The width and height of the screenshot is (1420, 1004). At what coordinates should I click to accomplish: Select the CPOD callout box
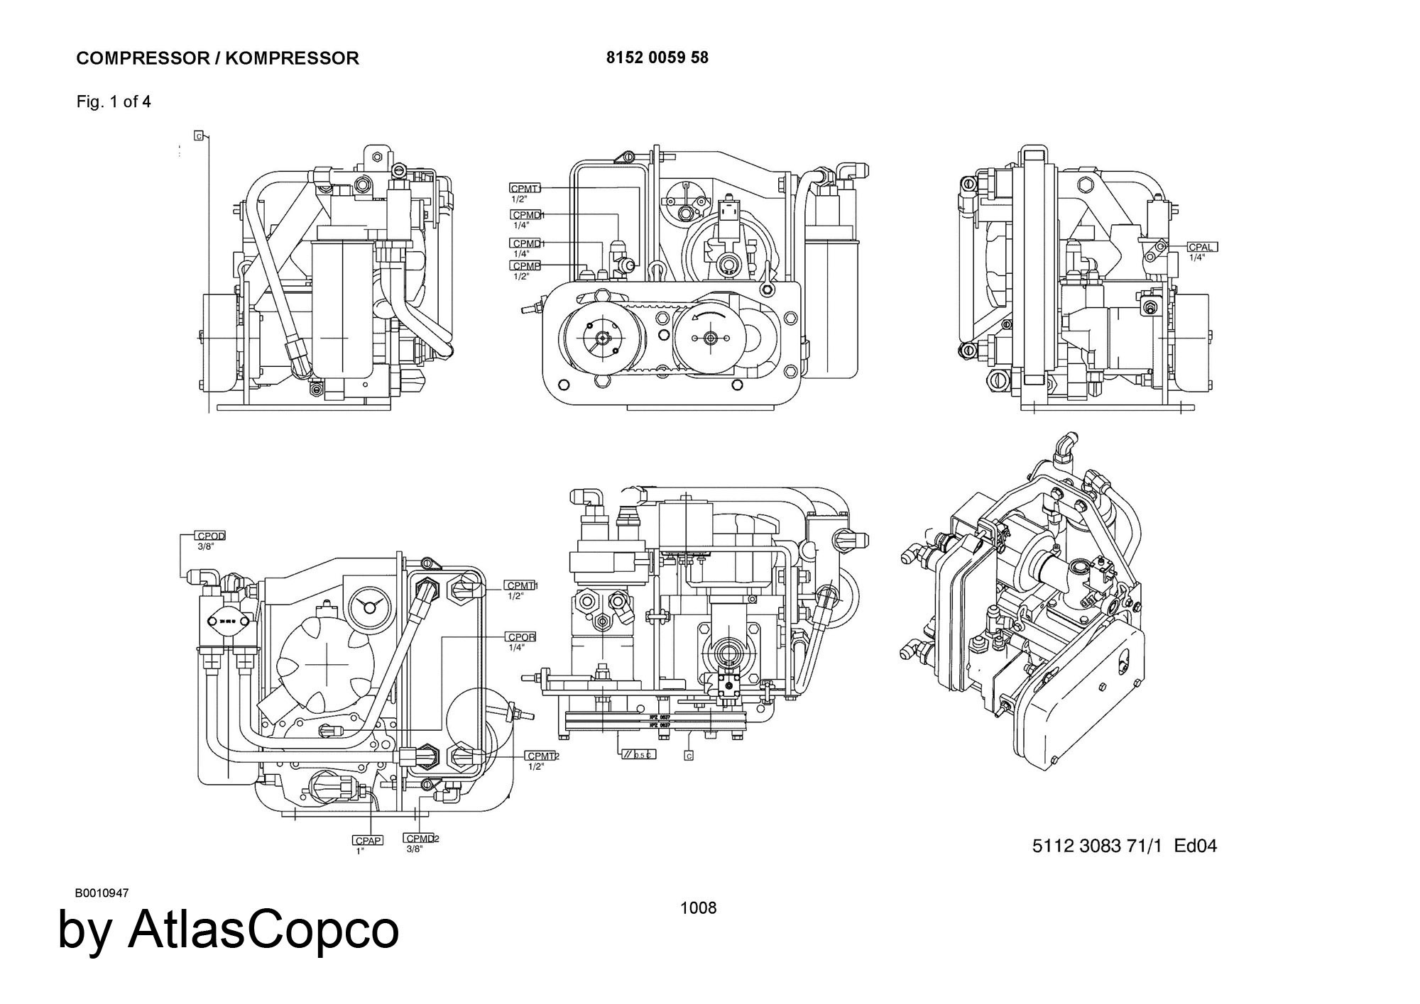tap(211, 536)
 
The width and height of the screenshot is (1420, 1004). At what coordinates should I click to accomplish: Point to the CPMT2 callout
tap(542, 756)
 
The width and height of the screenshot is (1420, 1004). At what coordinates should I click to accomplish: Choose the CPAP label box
tap(368, 840)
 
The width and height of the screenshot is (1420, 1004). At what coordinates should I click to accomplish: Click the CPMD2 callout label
tap(420, 839)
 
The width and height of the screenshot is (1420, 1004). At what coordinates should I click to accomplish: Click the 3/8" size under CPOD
tap(205, 546)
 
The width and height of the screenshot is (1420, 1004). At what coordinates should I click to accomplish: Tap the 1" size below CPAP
tap(360, 851)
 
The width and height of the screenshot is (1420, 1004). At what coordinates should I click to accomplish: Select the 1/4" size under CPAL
tap(1197, 258)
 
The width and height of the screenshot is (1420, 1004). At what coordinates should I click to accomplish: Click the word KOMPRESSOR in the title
tap(292, 58)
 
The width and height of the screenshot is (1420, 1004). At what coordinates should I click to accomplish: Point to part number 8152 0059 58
tap(657, 57)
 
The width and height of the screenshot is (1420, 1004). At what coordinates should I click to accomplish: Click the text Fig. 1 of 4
tap(114, 101)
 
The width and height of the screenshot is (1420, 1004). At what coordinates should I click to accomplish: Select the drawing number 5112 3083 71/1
tap(1097, 846)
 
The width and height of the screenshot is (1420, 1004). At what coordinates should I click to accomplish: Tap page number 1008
tap(698, 908)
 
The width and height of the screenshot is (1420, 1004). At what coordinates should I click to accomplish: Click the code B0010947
tap(102, 893)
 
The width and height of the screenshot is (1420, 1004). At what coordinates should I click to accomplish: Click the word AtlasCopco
tap(263, 929)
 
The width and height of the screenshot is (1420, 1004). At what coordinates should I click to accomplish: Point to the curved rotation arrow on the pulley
tap(710, 314)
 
